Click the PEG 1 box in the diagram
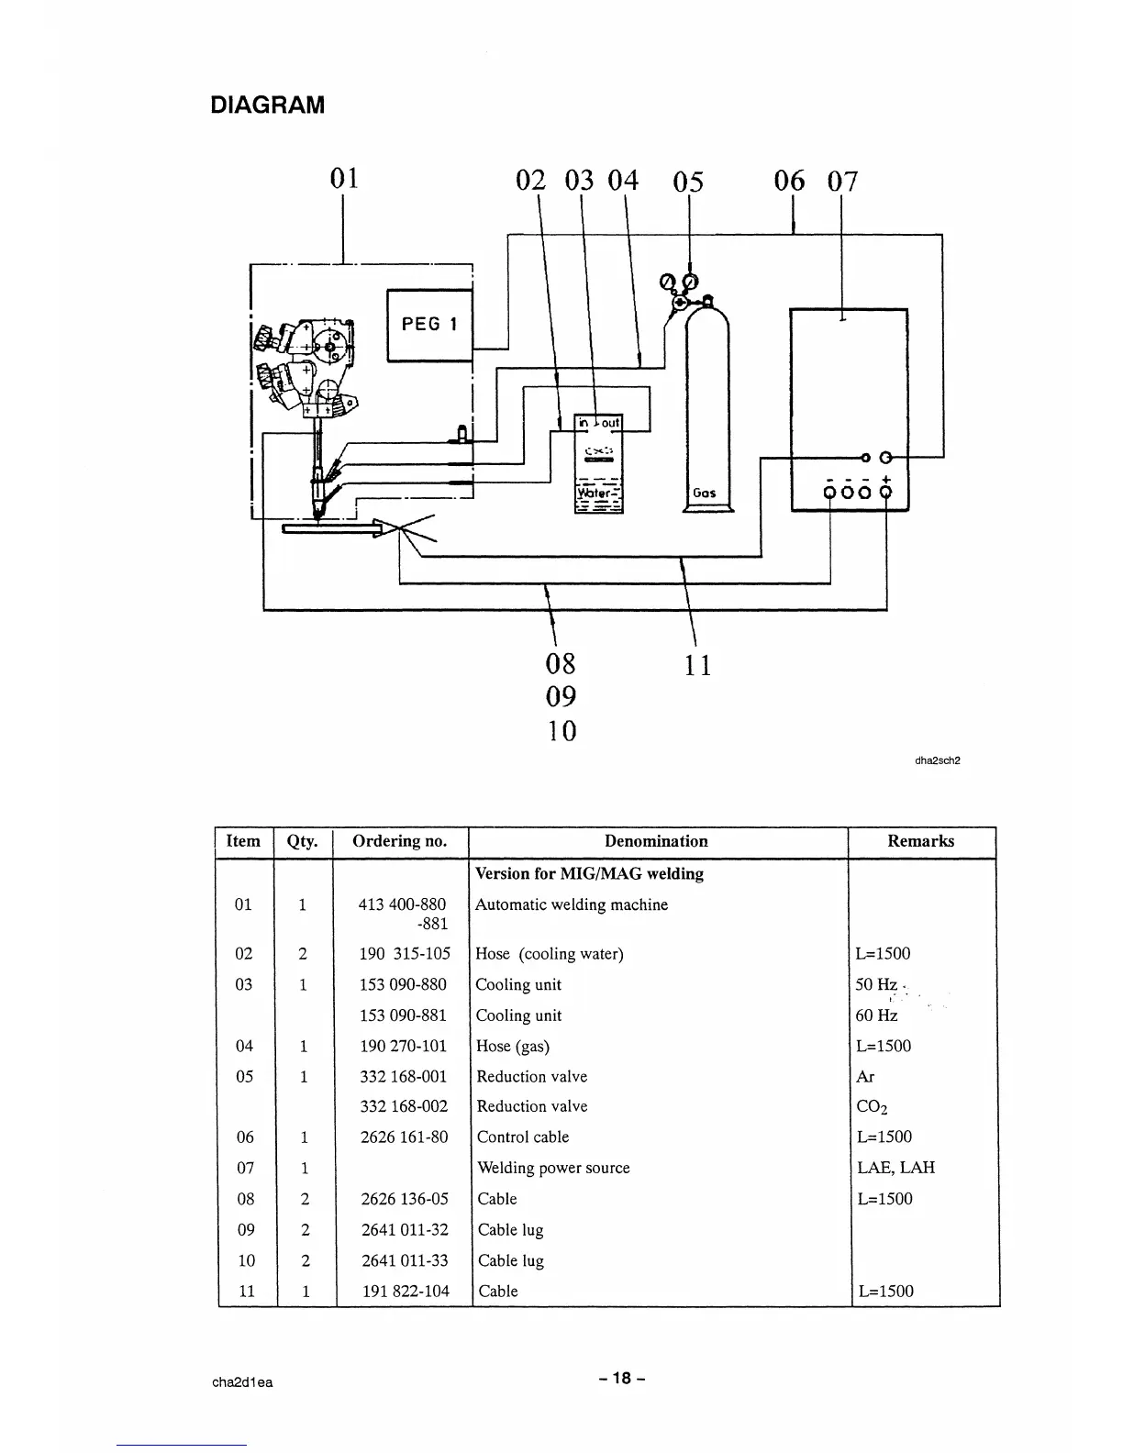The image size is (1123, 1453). (x=428, y=325)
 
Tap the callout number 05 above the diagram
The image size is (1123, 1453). (x=688, y=182)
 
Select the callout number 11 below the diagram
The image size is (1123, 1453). (x=698, y=664)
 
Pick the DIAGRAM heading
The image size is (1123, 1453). (x=267, y=105)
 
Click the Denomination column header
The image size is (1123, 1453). (x=656, y=841)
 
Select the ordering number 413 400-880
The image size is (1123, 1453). (x=402, y=904)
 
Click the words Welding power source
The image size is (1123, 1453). (x=553, y=1168)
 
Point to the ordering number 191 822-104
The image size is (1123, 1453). (x=405, y=1291)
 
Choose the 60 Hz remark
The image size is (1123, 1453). (x=876, y=1015)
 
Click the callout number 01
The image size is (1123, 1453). (x=344, y=177)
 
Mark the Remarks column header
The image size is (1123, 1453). (x=920, y=841)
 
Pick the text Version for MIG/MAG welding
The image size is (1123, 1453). (x=589, y=873)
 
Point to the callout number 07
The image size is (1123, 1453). (x=842, y=181)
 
